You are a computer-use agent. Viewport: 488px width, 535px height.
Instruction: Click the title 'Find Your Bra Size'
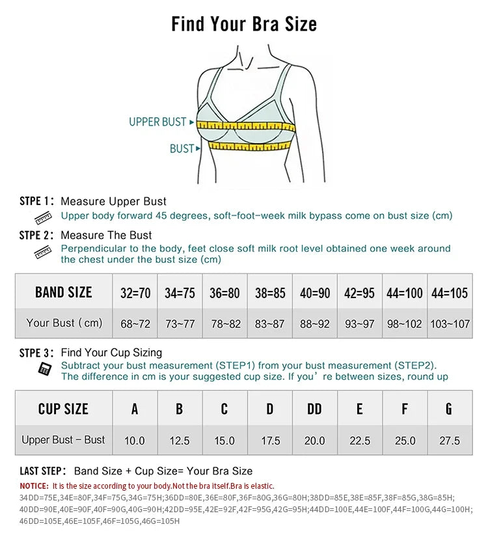[244, 24]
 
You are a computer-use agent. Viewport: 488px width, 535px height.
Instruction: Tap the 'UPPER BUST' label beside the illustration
[157, 122]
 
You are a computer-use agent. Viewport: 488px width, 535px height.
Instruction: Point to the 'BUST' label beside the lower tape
[182, 148]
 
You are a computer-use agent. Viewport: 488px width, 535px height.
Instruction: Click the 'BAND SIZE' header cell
[64, 292]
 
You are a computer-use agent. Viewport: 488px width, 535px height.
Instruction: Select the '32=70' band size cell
[135, 293]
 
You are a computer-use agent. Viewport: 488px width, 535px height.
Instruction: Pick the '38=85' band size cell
[270, 293]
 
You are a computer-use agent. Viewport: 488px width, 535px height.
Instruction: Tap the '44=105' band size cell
[450, 293]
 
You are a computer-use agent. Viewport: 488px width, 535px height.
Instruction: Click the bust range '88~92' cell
[315, 323]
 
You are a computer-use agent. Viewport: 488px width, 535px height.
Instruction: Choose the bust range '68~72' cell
[135, 323]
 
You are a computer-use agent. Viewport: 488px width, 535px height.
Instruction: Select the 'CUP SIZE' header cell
[63, 409]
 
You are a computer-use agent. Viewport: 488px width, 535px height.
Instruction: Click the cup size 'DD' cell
[314, 409]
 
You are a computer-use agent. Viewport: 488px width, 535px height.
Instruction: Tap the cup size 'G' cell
[449, 409]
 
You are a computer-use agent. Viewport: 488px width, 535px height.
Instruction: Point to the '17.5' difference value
[270, 441]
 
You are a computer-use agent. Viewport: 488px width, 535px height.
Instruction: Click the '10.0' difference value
[135, 441]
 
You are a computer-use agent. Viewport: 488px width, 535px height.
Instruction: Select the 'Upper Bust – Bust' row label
[63, 440]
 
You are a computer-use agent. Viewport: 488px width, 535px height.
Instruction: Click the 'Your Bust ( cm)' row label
[64, 323]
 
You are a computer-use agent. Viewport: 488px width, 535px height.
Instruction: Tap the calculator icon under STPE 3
[45, 369]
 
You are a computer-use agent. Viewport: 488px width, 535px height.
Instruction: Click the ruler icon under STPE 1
[43, 217]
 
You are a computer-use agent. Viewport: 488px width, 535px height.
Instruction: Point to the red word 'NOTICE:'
[34, 486]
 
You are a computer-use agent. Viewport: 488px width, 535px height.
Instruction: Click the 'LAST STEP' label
[42, 471]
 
